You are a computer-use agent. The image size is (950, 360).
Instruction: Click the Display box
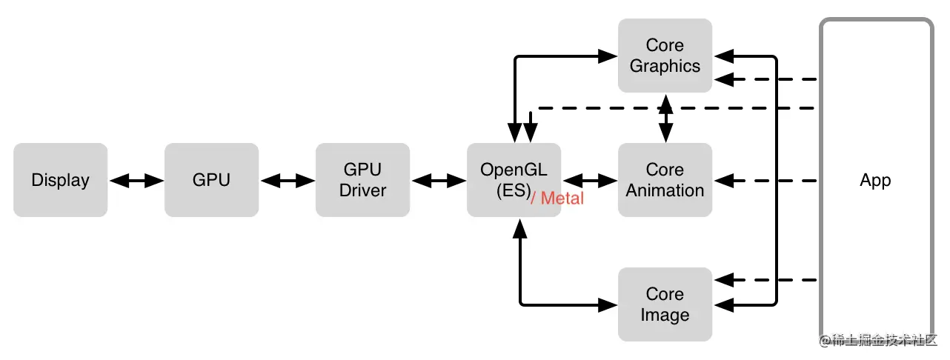click(60, 180)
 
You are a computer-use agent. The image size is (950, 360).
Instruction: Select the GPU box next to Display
click(211, 180)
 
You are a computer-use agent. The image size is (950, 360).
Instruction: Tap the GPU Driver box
click(362, 180)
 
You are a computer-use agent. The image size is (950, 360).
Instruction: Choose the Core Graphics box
click(665, 56)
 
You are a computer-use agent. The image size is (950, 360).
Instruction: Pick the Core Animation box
click(665, 180)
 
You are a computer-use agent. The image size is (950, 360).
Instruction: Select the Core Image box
click(665, 304)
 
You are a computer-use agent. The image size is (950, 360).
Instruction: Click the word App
click(875, 180)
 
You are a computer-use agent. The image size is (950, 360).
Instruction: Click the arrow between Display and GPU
click(136, 180)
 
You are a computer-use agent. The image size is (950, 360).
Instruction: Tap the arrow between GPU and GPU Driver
click(288, 180)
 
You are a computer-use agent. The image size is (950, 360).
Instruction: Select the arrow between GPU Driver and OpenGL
click(439, 180)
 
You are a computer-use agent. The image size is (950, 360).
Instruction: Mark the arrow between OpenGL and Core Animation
click(590, 180)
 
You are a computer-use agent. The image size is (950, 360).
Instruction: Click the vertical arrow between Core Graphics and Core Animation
click(665, 119)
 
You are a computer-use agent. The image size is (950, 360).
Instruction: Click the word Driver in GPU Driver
click(362, 190)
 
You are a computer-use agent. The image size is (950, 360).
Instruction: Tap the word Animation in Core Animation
click(665, 190)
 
